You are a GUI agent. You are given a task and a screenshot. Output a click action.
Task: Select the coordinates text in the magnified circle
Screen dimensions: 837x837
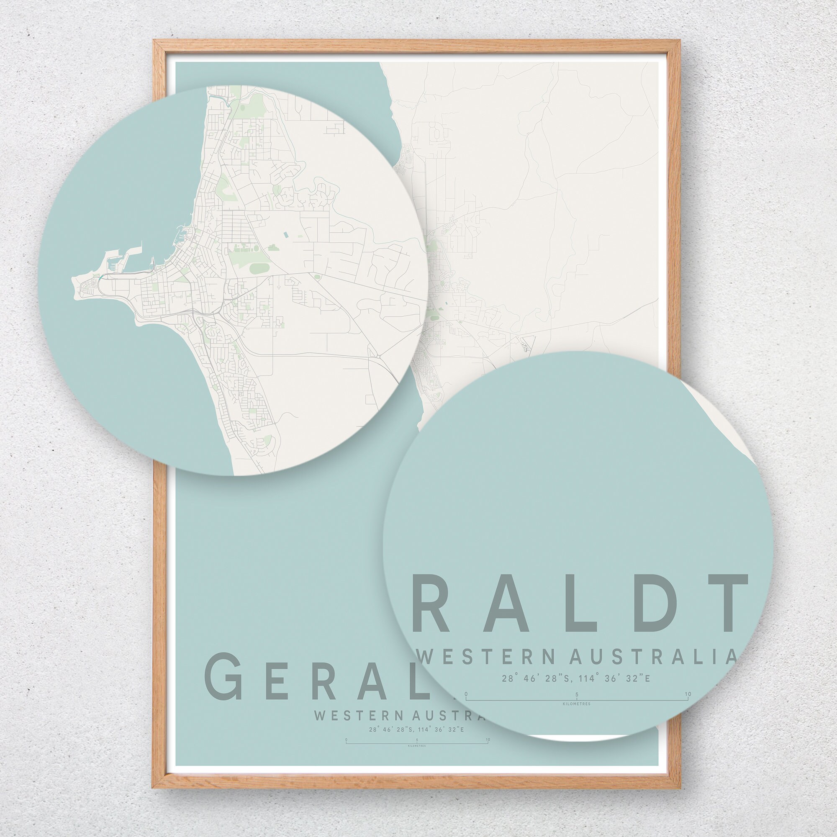[x=576, y=678]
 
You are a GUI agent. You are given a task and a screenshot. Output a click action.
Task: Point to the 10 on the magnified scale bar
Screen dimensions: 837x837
[x=687, y=694]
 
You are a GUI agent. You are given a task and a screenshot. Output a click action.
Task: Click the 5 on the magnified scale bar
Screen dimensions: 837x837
[x=577, y=694]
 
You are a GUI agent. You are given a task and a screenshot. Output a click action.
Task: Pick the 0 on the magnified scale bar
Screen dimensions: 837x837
[x=466, y=694]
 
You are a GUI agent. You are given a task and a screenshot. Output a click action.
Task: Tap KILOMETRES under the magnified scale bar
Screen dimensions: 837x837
[x=576, y=704]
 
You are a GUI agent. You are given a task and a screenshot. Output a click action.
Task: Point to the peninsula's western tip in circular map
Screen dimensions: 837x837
[x=73, y=283]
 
